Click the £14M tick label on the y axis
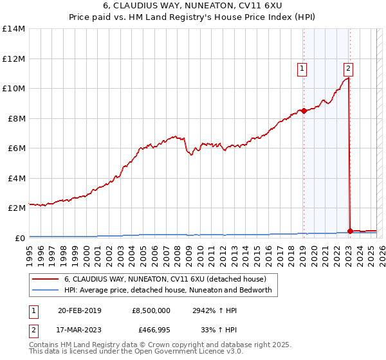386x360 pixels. click(x=13, y=29)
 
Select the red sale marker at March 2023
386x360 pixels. click(x=349, y=231)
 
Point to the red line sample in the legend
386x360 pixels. click(x=46, y=279)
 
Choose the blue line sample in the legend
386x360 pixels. click(x=46, y=290)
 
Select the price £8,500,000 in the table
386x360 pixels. click(x=151, y=310)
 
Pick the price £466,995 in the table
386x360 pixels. click(x=151, y=332)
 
